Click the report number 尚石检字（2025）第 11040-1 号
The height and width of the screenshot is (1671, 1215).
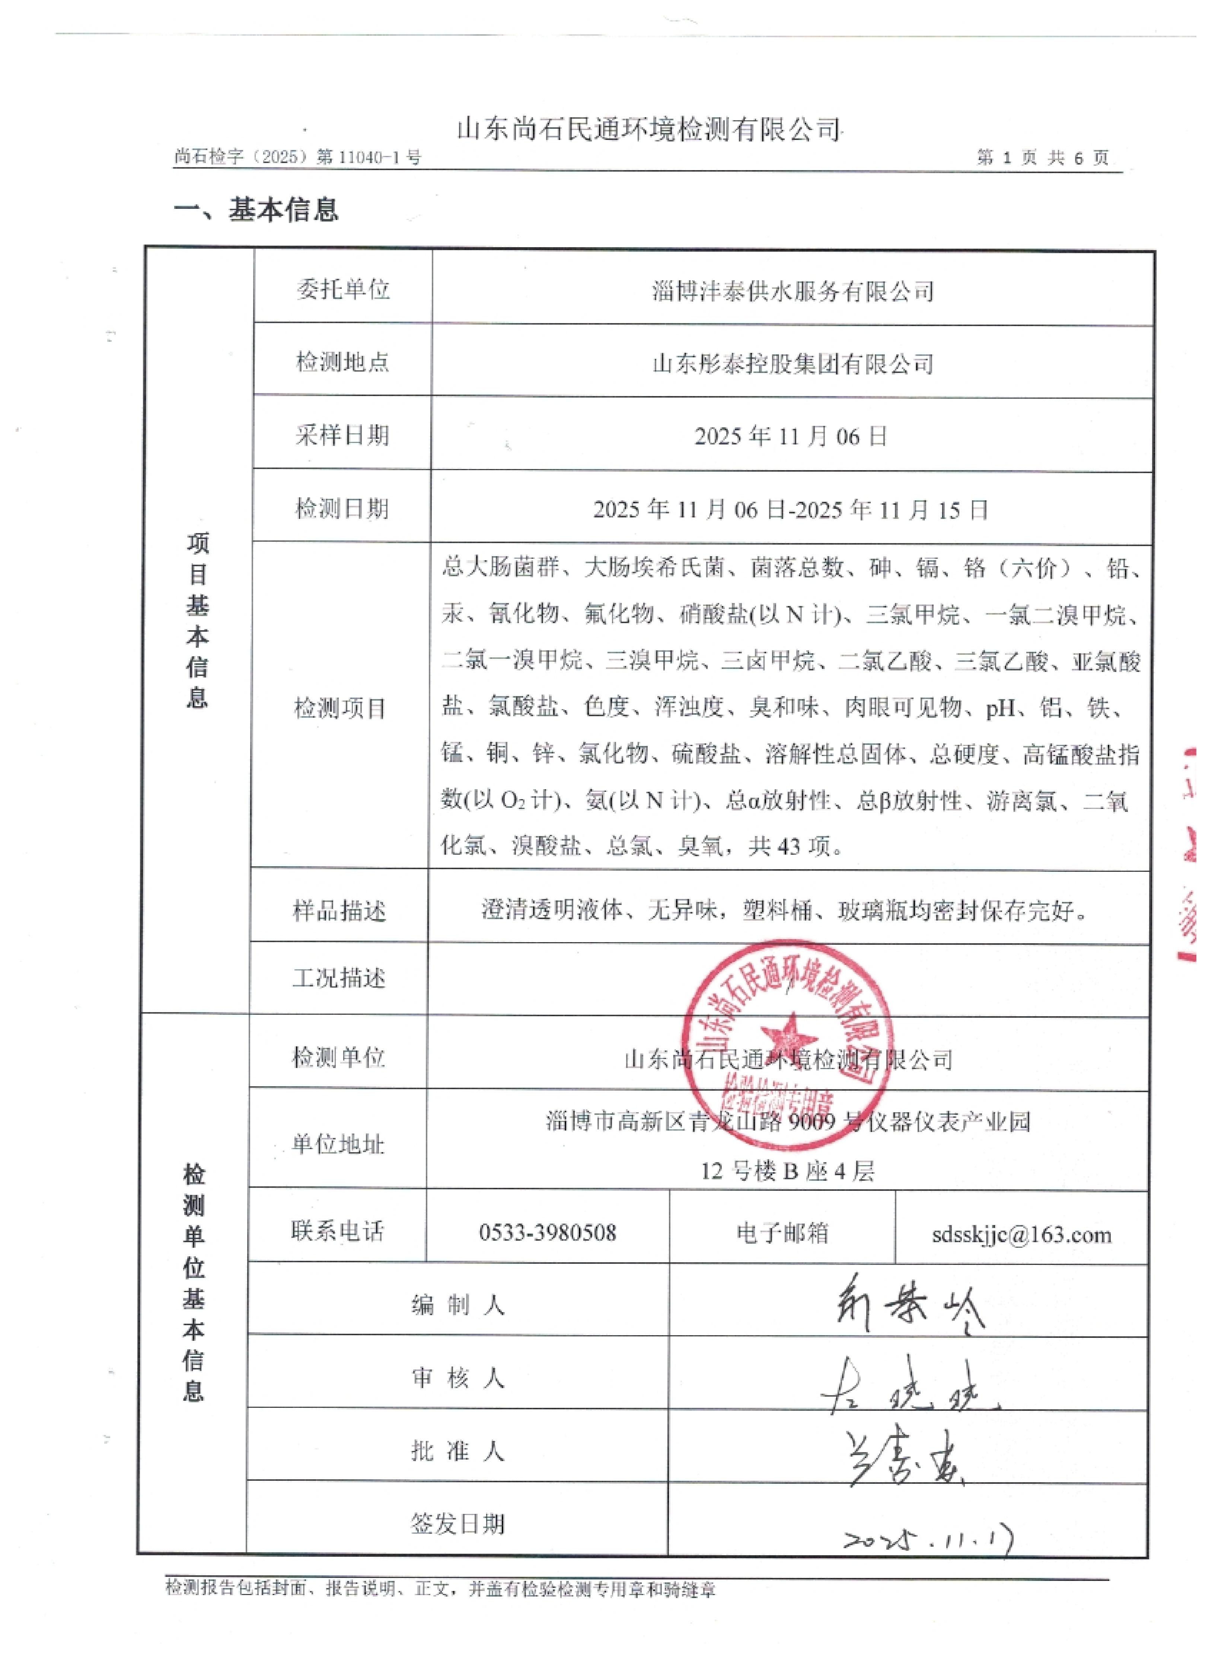298,157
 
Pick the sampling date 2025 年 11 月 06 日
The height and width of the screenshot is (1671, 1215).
791,436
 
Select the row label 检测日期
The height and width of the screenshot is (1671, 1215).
342,508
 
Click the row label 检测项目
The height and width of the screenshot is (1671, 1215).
340,708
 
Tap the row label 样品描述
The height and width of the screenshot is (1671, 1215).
339,911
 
